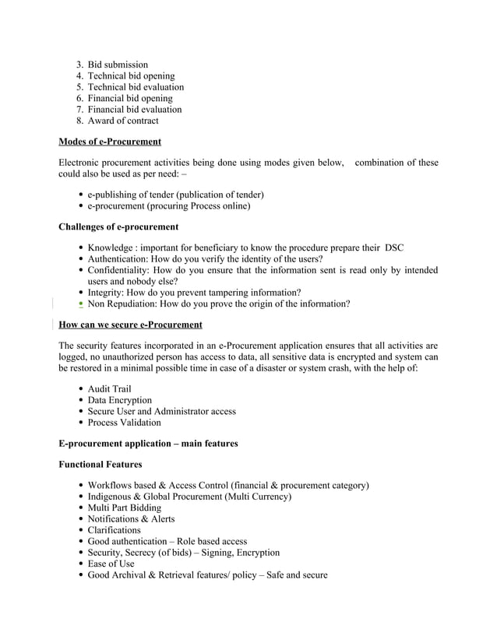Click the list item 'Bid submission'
(117, 65)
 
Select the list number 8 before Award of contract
(79, 121)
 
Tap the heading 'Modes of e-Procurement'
(110, 142)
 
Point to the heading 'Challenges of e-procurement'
(118, 227)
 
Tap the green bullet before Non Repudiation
(82, 304)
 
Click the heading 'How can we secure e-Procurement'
(130, 325)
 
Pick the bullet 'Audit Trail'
(109, 388)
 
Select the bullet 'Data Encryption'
(119, 400)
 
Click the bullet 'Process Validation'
(124, 423)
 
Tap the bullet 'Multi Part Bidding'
(124, 508)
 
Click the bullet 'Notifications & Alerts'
(131, 518)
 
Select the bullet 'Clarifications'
(114, 530)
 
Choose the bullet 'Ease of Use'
(111, 564)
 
